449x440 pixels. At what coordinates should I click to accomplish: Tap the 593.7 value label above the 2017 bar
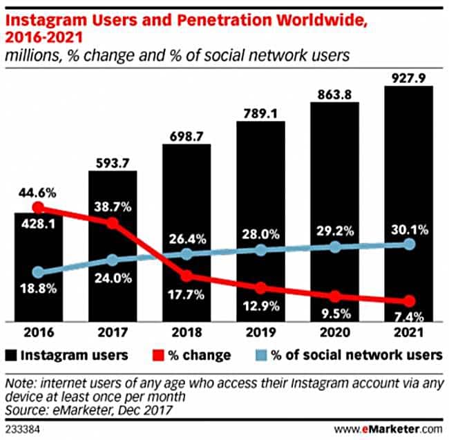pos(112,161)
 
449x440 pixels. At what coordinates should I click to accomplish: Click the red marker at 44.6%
pos(38,207)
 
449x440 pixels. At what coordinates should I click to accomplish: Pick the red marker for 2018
pos(187,276)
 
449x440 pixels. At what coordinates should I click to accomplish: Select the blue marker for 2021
pos(409,245)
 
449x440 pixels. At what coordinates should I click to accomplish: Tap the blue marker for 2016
pos(38,273)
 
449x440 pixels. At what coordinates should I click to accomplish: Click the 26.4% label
pos(187,240)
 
